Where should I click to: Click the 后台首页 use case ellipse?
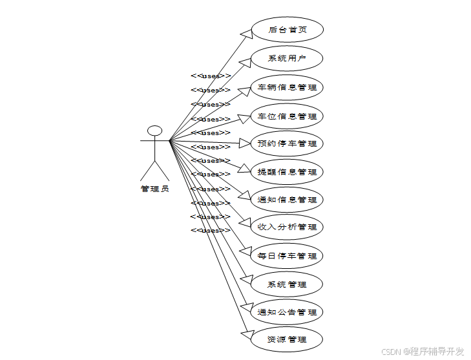pyautogui.click(x=286, y=30)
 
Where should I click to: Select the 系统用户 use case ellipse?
pyautogui.click(x=286, y=58)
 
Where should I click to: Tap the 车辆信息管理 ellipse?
pyautogui.click(x=286, y=87)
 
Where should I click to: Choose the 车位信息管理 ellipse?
pyautogui.click(x=286, y=116)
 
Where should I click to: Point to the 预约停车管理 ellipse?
pyautogui.click(x=286, y=143)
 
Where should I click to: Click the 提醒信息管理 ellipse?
pyautogui.click(x=286, y=172)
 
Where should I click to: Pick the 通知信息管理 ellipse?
pyautogui.click(x=286, y=200)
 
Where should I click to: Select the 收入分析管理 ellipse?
pyautogui.click(x=286, y=227)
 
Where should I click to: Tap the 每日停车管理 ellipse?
pyautogui.click(x=286, y=256)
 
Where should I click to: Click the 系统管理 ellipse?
pyautogui.click(x=286, y=284)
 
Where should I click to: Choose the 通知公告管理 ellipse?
pyautogui.click(x=286, y=312)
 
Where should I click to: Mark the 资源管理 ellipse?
pyautogui.click(x=286, y=339)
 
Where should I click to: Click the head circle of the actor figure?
pyautogui.click(x=154, y=131)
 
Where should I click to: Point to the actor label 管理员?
pyautogui.click(x=154, y=189)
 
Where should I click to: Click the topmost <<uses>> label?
pyautogui.click(x=211, y=76)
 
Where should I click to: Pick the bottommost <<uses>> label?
pyautogui.click(x=211, y=230)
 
